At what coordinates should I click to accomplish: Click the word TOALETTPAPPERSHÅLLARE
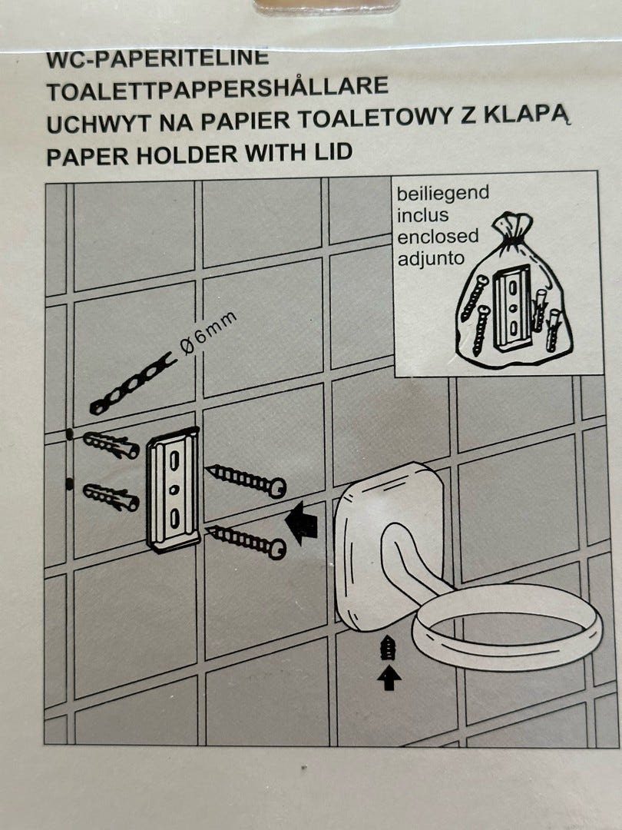coord(217,89)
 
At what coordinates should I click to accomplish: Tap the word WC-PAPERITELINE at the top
coord(157,58)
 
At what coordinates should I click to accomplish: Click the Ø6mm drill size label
coord(208,334)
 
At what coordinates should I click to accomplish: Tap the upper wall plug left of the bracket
coord(111,444)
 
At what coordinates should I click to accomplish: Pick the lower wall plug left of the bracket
coord(111,497)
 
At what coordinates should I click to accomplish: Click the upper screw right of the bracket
coord(246,480)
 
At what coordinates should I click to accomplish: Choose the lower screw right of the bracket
coord(246,542)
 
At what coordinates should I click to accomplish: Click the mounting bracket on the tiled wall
coord(174,489)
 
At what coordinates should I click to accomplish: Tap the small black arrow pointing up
coord(389,678)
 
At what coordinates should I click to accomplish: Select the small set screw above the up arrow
coord(389,649)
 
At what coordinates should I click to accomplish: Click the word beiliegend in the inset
coord(443,194)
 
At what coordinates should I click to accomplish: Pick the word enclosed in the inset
coord(438,237)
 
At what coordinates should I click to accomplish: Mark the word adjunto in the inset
coord(431,259)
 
